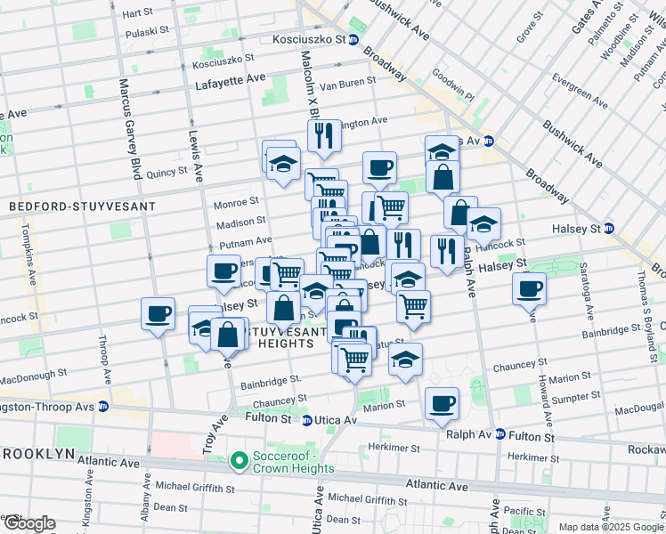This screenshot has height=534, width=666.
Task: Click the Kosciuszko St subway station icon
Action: coord(353,40)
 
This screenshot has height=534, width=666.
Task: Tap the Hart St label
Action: coord(137,14)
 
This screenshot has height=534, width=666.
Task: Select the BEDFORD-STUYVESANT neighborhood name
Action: coord(82,206)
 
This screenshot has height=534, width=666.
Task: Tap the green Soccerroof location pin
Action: coord(239,460)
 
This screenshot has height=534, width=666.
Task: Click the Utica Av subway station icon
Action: coord(306,420)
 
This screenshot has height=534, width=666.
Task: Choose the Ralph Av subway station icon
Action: coord(500,435)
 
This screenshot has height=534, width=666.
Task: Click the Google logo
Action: coord(28,523)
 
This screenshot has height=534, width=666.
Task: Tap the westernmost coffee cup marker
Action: coord(158,313)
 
